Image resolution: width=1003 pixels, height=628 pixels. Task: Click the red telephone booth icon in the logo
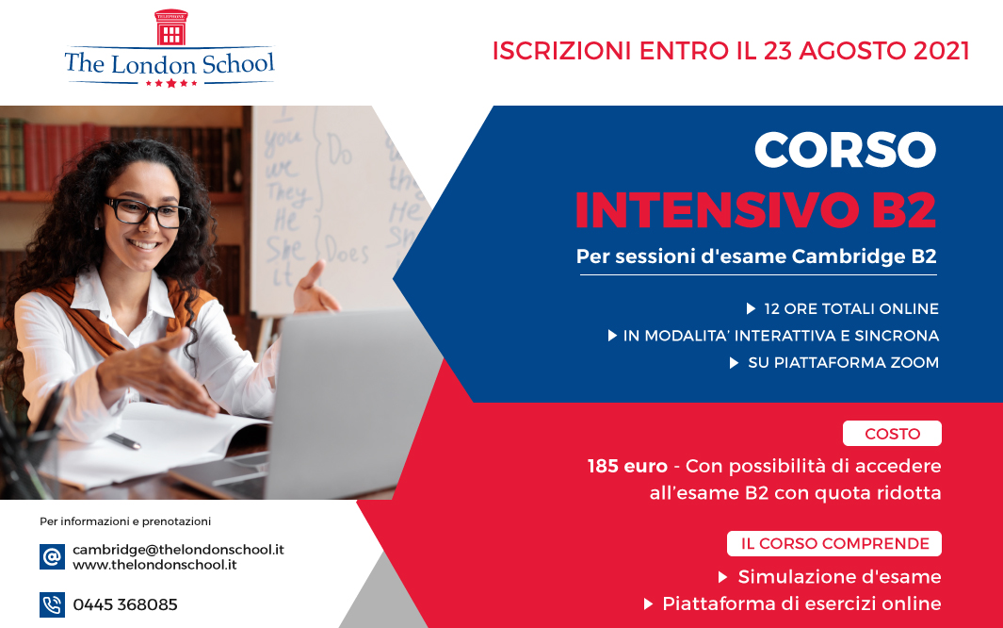tap(170, 27)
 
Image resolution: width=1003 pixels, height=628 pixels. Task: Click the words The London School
tap(170, 64)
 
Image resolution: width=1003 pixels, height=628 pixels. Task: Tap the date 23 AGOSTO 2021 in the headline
tap(866, 51)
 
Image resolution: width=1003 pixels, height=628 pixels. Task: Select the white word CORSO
tap(845, 150)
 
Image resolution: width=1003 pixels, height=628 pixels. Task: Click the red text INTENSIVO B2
tap(755, 209)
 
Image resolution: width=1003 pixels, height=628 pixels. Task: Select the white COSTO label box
tap(892, 434)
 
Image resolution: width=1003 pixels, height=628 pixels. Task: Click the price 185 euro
tap(627, 466)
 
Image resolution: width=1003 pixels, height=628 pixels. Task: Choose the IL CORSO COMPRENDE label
tap(834, 543)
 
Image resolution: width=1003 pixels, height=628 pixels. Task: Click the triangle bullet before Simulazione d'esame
tap(723, 577)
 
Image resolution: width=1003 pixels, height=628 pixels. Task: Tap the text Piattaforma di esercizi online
tap(801, 603)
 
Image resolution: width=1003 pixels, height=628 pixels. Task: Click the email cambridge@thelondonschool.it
tap(178, 549)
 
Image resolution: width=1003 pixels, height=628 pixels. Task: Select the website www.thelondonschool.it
tap(154, 565)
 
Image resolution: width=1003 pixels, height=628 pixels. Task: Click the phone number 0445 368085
tap(125, 604)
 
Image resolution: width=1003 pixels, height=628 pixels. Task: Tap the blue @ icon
tap(52, 556)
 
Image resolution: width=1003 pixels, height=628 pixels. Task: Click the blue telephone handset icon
tap(52, 605)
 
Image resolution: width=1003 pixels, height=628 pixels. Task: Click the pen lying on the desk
tap(122, 440)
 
